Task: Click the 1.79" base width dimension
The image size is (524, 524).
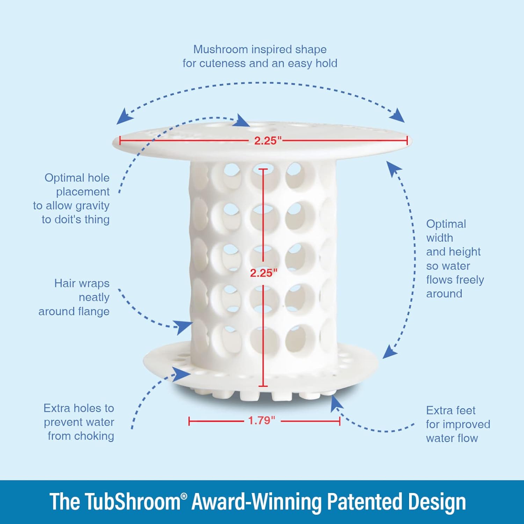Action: click(262, 420)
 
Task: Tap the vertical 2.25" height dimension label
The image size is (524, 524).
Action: click(264, 273)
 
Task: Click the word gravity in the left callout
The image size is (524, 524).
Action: click(92, 206)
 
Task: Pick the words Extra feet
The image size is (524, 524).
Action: click(451, 410)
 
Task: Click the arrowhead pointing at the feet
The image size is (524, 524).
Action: click(336, 402)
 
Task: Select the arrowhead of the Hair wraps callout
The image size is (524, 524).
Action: click(184, 327)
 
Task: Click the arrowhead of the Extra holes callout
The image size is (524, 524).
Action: click(182, 374)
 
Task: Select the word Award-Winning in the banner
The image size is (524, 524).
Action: click(256, 502)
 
